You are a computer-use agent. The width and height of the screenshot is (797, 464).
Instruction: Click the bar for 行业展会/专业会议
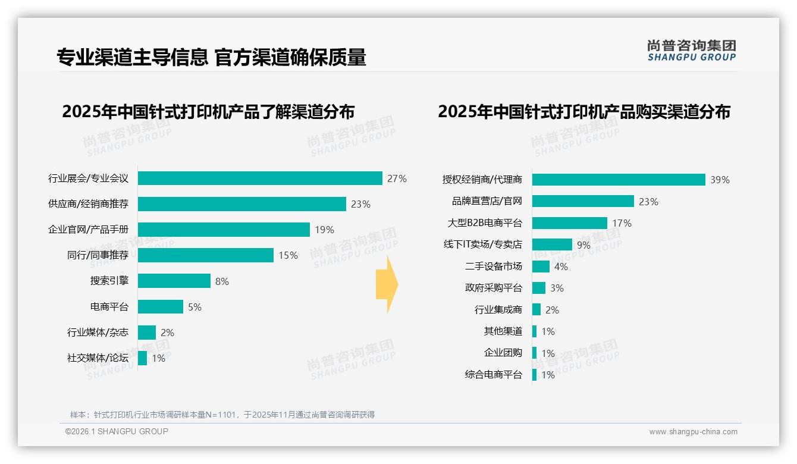[260, 178]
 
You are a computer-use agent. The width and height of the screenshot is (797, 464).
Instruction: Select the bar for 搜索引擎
[174, 281]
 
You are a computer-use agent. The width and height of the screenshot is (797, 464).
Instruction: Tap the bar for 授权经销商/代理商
[619, 180]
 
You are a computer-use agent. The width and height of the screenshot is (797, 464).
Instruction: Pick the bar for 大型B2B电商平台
[569, 223]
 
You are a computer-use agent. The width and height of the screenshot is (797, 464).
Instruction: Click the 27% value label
[397, 178]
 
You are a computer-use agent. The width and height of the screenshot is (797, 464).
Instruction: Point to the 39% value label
[720, 180]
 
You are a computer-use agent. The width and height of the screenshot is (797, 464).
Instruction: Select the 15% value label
[288, 255]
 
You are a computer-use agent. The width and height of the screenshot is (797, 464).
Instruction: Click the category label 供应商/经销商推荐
[88, 204]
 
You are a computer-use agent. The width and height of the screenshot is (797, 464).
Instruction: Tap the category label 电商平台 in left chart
[109, 307]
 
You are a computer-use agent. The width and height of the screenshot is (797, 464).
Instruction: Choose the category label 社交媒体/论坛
[98, 358]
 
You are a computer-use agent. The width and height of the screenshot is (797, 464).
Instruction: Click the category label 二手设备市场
[493, 267]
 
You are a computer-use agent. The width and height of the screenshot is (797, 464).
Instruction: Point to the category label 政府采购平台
[493, 288]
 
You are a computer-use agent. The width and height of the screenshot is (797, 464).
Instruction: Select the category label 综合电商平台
[493, 375]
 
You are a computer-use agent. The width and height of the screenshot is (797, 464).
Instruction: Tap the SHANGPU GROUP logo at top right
[691, 51]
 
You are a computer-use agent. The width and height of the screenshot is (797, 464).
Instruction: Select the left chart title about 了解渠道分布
[208, 112]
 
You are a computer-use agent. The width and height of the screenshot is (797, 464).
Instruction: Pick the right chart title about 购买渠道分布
[584, 112]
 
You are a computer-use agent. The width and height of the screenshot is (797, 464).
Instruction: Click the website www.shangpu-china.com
[693, 432]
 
